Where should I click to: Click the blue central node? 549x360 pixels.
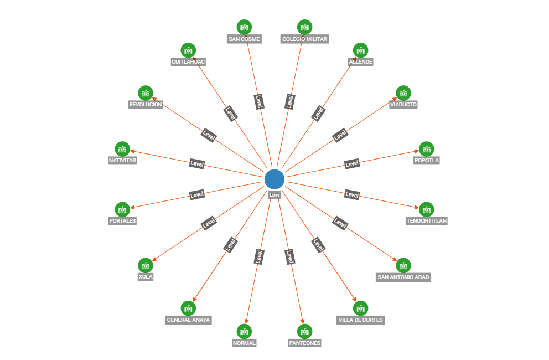point(274,179)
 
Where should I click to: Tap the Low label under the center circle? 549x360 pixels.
point(274,194)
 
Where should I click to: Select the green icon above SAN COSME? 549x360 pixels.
point(244,27)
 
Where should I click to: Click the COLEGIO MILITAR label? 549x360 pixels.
point(305,39)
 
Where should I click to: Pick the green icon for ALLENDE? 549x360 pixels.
point(360,50)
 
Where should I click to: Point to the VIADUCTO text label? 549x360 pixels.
point(403,105)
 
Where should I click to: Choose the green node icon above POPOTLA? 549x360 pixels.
point(426,148)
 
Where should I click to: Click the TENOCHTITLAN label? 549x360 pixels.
point(426,221)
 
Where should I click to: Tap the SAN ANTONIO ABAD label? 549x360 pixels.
point(403,277)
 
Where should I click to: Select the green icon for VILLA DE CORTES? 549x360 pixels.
point(360,308)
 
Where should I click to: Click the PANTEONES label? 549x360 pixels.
point(305,343)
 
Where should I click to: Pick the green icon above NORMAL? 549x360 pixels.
point(244,331)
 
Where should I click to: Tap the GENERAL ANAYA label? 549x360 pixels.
point(189,320)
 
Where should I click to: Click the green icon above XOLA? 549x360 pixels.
point(146,265)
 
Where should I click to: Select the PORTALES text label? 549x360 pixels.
point(122,221)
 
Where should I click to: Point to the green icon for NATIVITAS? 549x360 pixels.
point(122,148)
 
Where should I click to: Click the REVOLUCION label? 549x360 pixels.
point(146,105)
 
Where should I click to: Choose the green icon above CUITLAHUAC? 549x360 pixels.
point(189,50)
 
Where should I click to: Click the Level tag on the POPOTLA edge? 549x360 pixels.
point(352,163)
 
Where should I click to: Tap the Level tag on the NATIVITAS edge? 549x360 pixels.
point(197,163)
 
